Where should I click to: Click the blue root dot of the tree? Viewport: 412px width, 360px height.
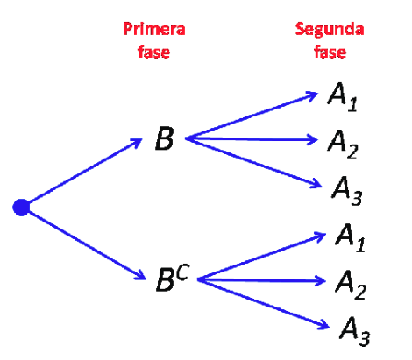pyautogui.click(x=21, y=208)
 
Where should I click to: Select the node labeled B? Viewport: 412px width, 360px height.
pyautogui.click(x=165, y=138)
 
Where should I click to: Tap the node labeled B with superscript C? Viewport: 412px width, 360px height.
pyautogui.click(x=173, y=278)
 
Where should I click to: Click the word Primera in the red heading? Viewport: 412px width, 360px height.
pyautogui.click(x=154, y=29)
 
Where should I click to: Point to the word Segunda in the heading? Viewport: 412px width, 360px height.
pyautogui.click(x=330, y=30)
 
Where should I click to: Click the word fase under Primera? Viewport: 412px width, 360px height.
pyautogui.click(x=153, y=52)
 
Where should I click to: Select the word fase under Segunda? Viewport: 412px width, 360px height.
pyautogui.click(x=330, y=52)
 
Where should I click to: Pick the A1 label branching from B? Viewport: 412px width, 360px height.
pyautogui.click(x=342, y=97)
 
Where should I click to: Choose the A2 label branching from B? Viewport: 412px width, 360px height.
pyautogui.click(x=343, y=144)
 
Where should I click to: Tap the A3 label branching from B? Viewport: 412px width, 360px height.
pyautogui.click(x=347, y=191)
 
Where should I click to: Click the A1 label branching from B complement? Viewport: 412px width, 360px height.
pyautogui.click(x=350, y=237)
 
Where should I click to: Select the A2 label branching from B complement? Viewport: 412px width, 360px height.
pyautogui.click(x=351, y=285)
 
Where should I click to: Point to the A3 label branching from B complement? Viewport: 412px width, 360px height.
pyautogui.click(x=355, y=331)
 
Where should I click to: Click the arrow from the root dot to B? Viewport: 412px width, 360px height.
pyautogui.click(x=85, y=171)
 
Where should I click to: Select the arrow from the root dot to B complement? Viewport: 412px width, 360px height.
pyautogui.click(x=88, y=245)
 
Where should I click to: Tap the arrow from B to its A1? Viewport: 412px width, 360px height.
pyautogui.click(x=252, y=116)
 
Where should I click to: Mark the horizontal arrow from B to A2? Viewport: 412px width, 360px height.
pyautogui.click(x=252, y=139)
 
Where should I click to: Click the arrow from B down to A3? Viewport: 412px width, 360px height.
pyautogui.click(x=253, y=162)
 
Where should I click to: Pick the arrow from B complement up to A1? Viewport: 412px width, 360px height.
pyautogui.click(x=262, y=256)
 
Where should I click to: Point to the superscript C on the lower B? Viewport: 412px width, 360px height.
pyautogui.click(x=183, y=272)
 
